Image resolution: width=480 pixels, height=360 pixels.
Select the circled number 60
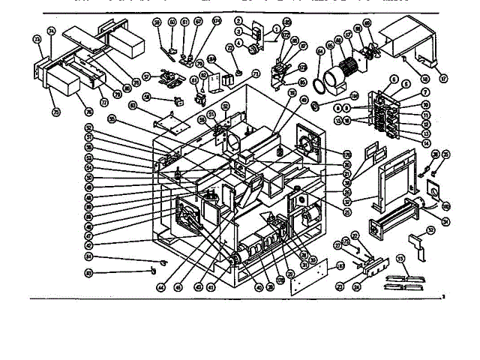tap(172, 22)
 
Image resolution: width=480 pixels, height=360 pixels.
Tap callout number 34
tap(446, 220)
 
